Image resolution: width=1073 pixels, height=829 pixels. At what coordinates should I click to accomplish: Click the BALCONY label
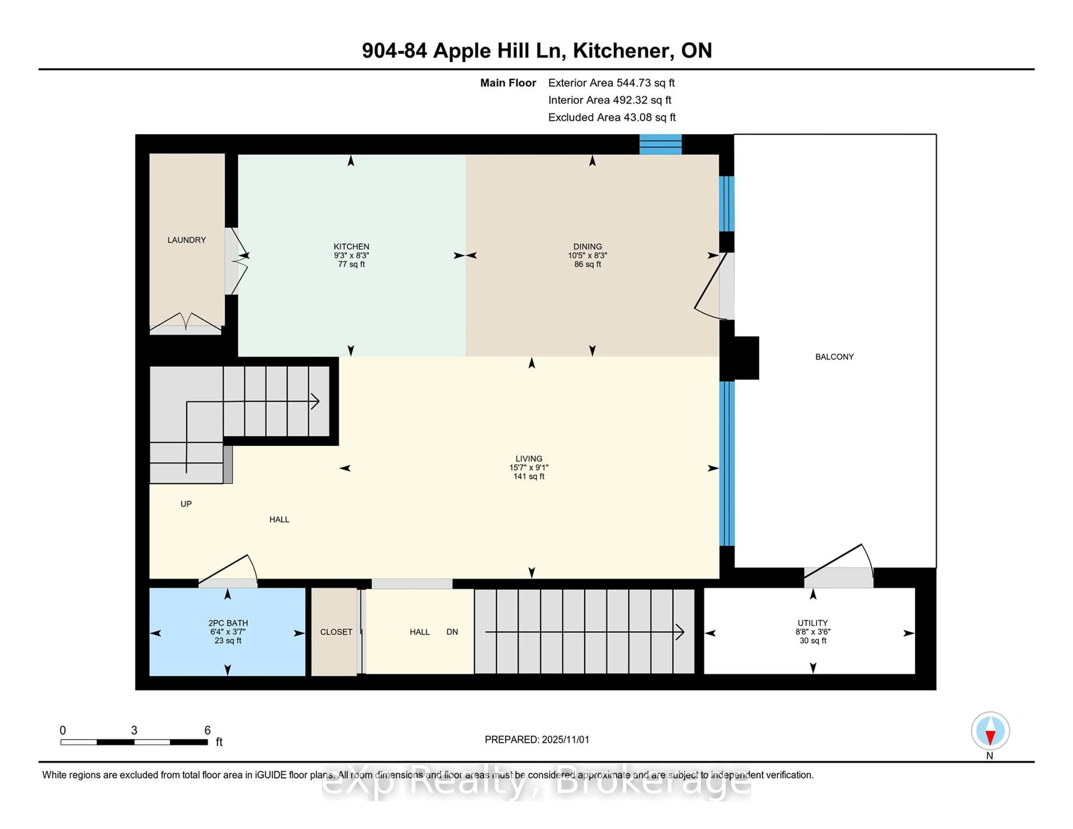834,357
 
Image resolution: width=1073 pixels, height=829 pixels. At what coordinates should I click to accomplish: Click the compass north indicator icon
990,731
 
